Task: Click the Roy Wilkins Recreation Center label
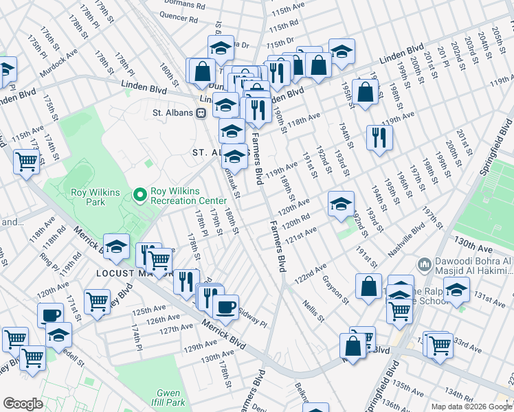point(190,196)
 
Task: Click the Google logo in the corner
point(23,404)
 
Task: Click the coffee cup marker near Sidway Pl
point(225,306)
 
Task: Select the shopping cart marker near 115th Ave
point(26,161)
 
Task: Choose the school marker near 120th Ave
point(341,203)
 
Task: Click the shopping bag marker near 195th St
point(366,91)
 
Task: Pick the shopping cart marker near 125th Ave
point(97,301)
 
